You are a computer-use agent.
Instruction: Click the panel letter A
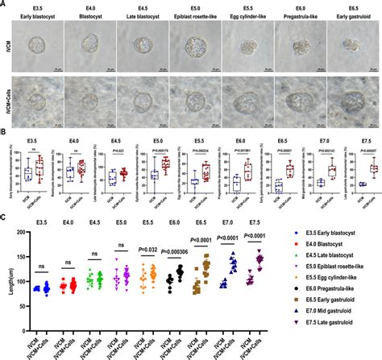(x=4, y=4)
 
